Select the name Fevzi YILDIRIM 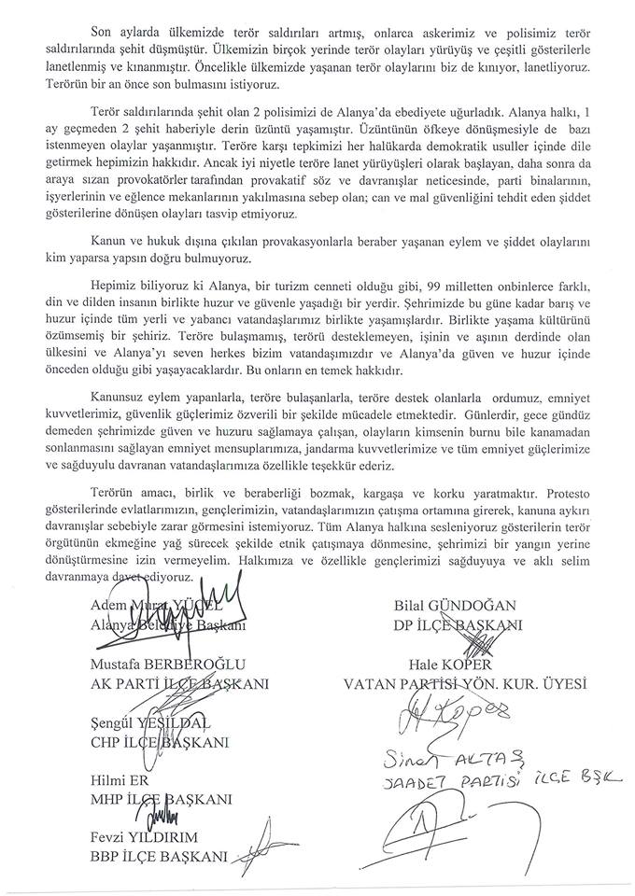coord(158,839)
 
